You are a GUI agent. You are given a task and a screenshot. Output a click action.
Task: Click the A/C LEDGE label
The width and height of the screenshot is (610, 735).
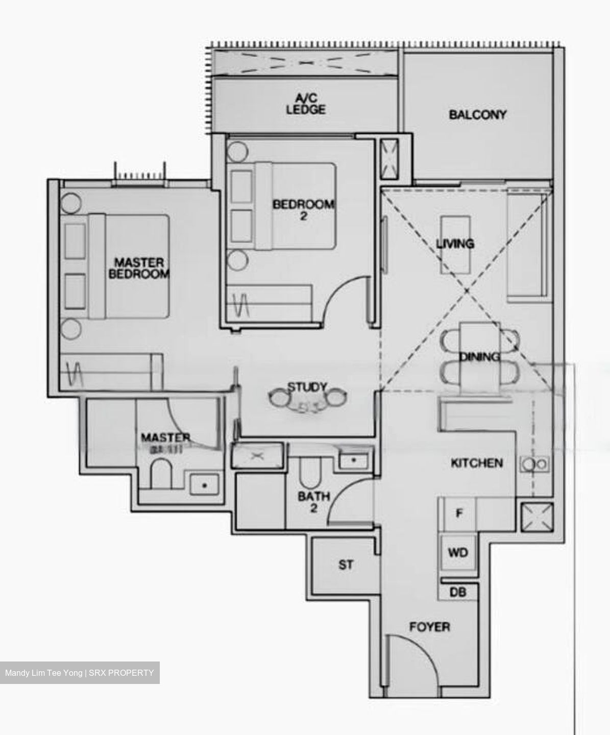click(x=306, y=104)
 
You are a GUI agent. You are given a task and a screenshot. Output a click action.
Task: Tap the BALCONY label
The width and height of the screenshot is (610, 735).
click(x=477, y=114)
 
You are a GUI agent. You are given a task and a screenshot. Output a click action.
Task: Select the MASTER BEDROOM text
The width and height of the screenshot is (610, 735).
click(x=139, y=268)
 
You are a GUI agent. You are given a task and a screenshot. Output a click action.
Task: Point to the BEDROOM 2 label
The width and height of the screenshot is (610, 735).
click(x=303, y=209)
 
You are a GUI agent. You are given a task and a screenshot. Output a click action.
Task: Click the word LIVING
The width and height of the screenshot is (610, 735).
click(x=455, y=243)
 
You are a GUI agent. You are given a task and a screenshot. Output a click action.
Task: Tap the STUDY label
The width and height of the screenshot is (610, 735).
click(x=307, y=386)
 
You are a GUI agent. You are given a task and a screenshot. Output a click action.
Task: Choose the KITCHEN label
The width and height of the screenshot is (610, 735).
click(x=477, y=463)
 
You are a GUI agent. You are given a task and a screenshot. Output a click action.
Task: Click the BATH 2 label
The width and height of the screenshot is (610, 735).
click(x=314, y=501)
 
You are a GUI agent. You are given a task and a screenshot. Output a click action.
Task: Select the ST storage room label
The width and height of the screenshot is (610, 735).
click(x=346, y=565)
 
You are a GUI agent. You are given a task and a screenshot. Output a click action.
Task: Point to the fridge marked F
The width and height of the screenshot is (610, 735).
click(x=458, y=513)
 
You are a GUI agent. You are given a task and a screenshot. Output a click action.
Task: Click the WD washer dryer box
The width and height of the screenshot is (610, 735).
click(x=458, y=552)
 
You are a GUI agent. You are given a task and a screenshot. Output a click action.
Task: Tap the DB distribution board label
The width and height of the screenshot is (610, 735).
click(x=458, y=593)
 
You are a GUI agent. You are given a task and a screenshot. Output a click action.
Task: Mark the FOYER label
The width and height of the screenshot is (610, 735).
click(x=430, y=626)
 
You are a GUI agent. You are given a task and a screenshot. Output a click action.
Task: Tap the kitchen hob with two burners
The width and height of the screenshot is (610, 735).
click(x=534, y=464)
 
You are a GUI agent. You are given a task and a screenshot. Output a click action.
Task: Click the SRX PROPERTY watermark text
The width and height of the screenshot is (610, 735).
click(x=121, y=673)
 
